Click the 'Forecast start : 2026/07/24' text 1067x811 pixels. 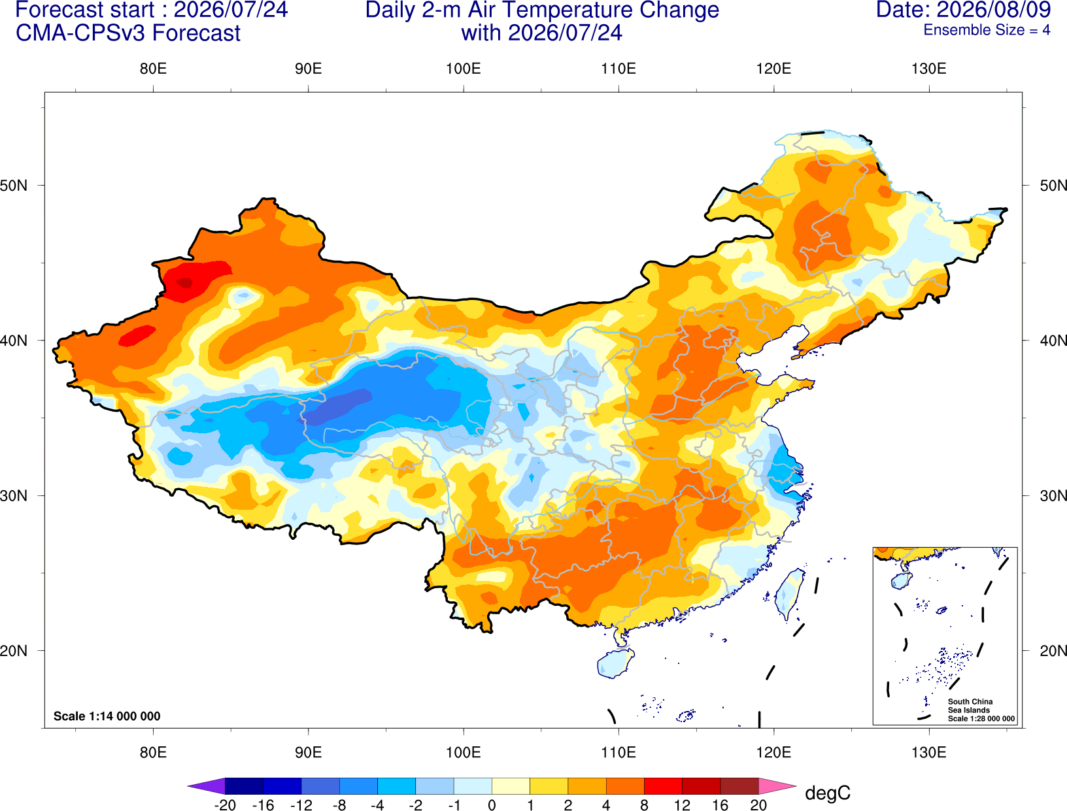[x=152, y=10]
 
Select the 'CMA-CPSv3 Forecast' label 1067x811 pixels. [x=128, y=33]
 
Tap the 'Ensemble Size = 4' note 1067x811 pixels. [x=987, y=30]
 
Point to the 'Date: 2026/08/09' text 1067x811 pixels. [x=964, y=10]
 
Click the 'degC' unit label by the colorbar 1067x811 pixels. [x=827, y=793]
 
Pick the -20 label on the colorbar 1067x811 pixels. [x=225, y=805]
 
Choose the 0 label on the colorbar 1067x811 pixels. [x=492, y=805]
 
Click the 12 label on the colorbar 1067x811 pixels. [x=682, y=805]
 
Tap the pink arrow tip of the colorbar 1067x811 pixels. [x=778, y=786]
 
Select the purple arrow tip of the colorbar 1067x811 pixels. [x=206, y=786]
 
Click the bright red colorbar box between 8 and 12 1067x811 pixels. [x=663, y=786]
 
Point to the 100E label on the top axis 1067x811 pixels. [x=464, y=69]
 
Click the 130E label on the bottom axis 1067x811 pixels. [x=929, y=753]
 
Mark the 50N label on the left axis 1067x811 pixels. [x=14, y=185]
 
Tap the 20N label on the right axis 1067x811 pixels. [x=1053, y=651]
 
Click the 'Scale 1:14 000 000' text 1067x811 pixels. [x=107, y=716]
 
